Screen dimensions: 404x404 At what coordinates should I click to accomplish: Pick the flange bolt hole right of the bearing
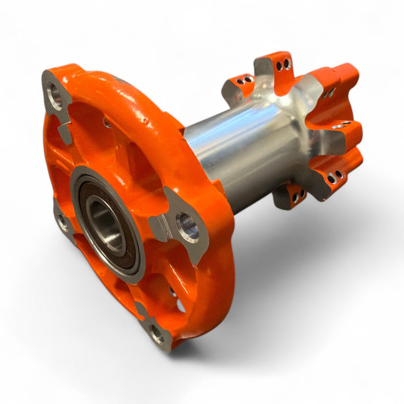[x=187, y=227]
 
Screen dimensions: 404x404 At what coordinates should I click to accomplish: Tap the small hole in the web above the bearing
[x=107, y=122]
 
